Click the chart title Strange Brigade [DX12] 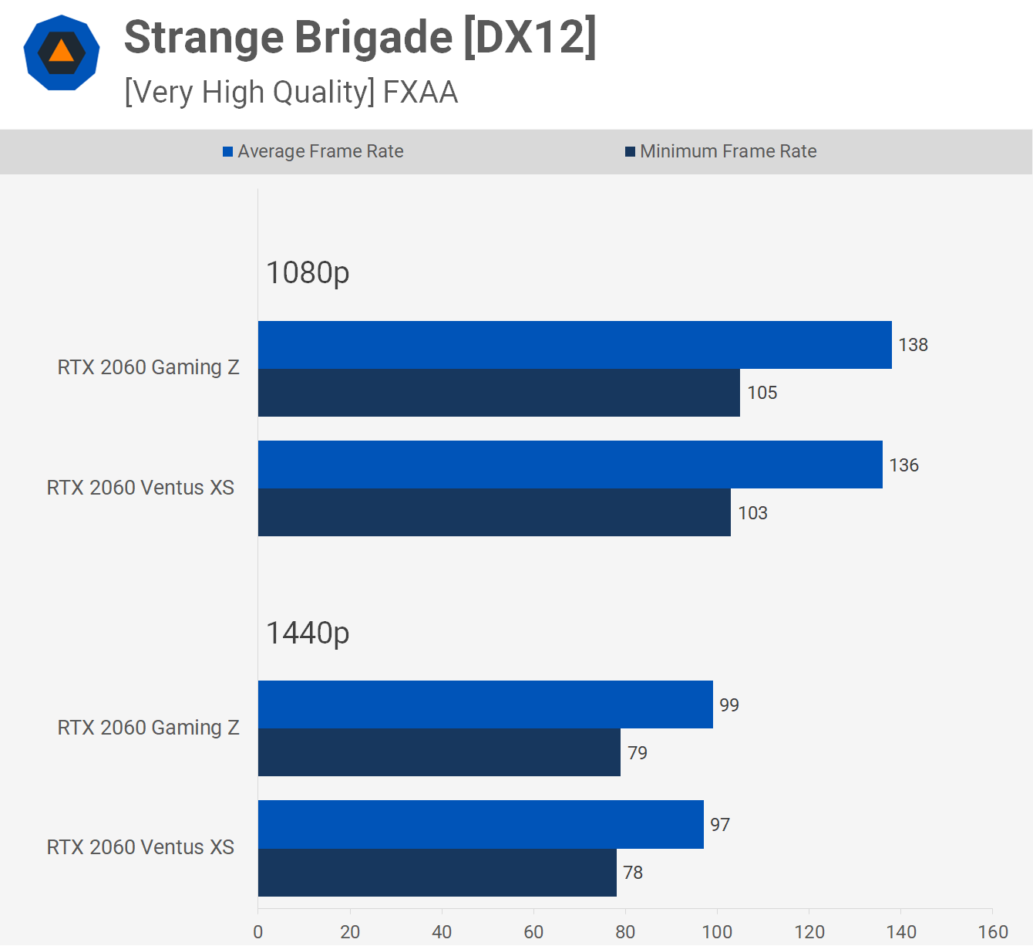pos(360,39)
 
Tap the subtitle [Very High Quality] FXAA pos(291,93)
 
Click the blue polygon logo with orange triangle pos(62,52)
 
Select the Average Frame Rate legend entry pos(313,151)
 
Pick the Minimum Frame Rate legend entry pos(721,151)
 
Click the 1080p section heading pos(308,272)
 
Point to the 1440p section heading pos(308,633)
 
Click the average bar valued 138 pos(574,345)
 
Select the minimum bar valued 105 pos(499,393)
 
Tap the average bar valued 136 pos(570,465)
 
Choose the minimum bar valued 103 pos(494,512)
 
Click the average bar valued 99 pos(485,704)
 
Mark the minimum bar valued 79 pos(439,752)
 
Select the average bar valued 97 pos(480,824)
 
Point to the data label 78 pos(633,873)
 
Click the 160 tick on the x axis pos(993,932)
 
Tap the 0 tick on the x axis pos(258,932)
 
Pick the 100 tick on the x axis pos(717,932)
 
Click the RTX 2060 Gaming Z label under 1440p pos(148,728)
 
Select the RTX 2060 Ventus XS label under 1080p pos(140,488)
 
